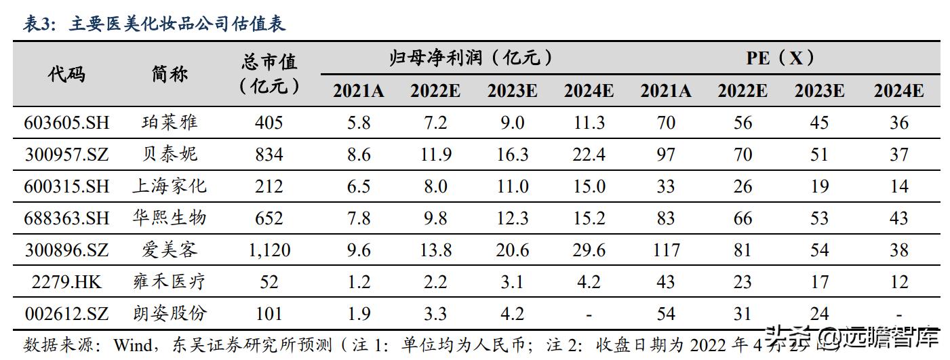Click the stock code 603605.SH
tap(66, 123)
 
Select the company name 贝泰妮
tap(170, 155)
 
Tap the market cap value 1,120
tap(269, 250)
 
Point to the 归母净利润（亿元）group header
tap(473, 58)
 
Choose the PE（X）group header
tap(780, 58)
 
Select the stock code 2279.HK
tap(66, 281)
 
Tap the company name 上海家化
tap(170, 186)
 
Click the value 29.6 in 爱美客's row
tap(589, 250)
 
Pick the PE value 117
tap(666, 250)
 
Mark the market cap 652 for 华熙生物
tap(269, 218)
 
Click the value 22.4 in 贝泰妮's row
tap(589, 155)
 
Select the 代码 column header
tap(66, 74)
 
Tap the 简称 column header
tap(170, 74)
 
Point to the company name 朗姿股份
tap(170, 313)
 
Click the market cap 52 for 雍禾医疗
tap(269, 281)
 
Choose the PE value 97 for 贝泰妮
tap(666, 155)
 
